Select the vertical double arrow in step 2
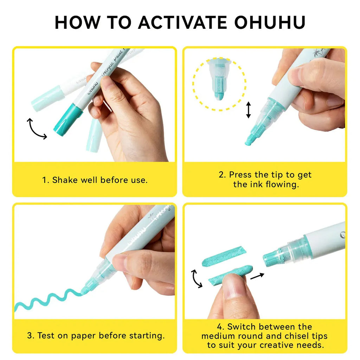pyautogui.click(x=249, y=110)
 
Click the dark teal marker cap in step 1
pyautogui.click(x=68, y=120)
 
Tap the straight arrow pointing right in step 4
pyautogui.click(x=257, y=276)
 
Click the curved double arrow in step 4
pyautogui.click(x=196, y=279)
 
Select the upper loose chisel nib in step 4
pyautogui.click(x=224, y=256)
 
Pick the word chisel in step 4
pyautogui.click(x=294, y=336)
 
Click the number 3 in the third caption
pyautogui.click(x=29, y=336)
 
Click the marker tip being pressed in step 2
pyautogui.click(x=252, y=138)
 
